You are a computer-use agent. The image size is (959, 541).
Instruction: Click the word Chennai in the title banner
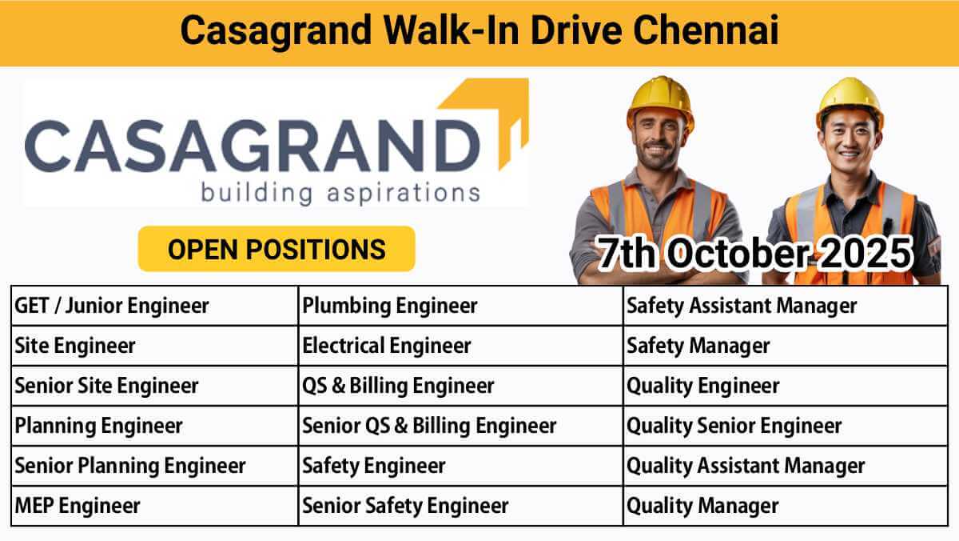tap(706, 30)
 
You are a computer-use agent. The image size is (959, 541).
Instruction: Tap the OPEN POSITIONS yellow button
tap(277, 249)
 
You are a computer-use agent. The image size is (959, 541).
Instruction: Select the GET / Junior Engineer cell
tap(154, 306)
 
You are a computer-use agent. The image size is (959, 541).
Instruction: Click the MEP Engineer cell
tap(154, 506)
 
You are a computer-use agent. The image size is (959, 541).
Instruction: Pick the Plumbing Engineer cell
tap(460, 306)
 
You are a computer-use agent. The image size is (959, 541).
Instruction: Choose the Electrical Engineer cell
tap(460, 346)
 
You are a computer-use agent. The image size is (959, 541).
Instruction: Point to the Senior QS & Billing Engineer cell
tap(460, 426)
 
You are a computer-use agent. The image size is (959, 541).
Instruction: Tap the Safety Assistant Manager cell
tap(786, 306)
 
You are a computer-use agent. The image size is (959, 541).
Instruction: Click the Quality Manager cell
tap(786, 506)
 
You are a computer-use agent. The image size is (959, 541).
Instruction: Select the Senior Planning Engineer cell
tap(154, 466)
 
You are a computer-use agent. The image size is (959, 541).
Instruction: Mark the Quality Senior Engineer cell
tap(786, 426)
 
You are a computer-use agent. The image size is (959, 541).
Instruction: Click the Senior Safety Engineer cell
tap(460, 506)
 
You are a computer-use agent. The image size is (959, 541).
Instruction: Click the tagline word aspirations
tap(404, 194)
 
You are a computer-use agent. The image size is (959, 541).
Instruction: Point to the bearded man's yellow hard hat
tap(660, 102)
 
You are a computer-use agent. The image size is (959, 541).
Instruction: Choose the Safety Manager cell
tap(786, 346)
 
